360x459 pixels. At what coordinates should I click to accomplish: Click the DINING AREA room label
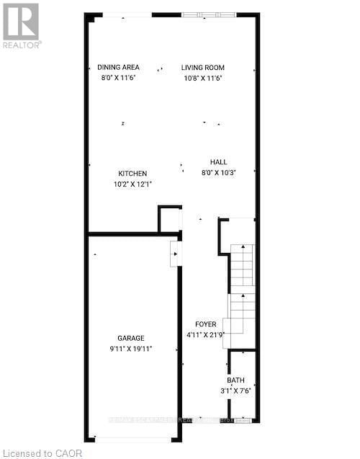point(117,68)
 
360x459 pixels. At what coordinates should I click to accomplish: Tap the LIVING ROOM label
point(202,68)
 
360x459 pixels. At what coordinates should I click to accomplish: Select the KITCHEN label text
point(133,174)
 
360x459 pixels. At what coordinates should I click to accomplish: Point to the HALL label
point(219,162)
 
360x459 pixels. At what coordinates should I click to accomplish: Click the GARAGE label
point(132,338)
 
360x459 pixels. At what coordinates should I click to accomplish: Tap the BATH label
point(235,380)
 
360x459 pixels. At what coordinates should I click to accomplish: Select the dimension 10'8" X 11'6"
point(203,77)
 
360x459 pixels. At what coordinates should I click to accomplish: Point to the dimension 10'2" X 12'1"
point(133,184)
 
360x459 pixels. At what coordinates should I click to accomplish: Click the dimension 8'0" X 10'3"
point(219,172)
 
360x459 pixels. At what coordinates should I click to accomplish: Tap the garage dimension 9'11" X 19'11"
point(132,348)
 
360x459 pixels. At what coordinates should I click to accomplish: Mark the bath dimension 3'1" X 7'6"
point(235,391)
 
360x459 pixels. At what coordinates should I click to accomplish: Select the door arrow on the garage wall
point(174,254)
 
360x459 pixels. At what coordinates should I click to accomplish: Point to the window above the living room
point(208,14)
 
